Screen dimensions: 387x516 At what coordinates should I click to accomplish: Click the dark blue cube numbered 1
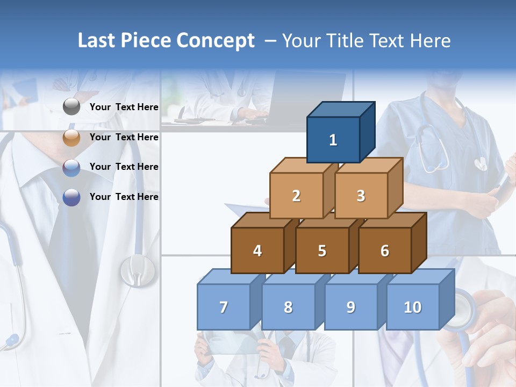333,140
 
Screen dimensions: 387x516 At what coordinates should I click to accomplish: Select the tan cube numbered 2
296,196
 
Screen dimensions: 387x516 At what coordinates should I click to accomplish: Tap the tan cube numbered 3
361,196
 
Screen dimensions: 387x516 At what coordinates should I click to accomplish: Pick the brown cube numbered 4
257,250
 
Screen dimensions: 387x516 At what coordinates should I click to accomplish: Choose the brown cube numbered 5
322,250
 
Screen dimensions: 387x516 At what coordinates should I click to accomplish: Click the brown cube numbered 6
385,250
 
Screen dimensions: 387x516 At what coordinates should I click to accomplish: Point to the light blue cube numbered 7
224,307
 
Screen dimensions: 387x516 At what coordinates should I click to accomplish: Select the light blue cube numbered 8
288,307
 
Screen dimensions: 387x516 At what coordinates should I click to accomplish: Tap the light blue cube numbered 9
351,307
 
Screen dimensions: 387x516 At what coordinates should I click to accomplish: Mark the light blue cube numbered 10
413,307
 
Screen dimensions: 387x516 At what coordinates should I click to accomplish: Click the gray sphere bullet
71,107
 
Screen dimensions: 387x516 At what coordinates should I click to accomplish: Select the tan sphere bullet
71,138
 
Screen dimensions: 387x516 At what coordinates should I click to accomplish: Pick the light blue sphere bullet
71,168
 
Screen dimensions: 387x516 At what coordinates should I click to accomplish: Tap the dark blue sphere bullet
71,197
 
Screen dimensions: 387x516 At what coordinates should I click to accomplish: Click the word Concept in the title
216,41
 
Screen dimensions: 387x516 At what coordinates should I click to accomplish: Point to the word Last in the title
98,41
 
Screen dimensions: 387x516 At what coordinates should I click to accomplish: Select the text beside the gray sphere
124,107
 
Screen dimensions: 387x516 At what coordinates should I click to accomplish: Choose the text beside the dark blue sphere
124,197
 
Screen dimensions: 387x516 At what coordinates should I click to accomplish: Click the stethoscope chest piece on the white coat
138,270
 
